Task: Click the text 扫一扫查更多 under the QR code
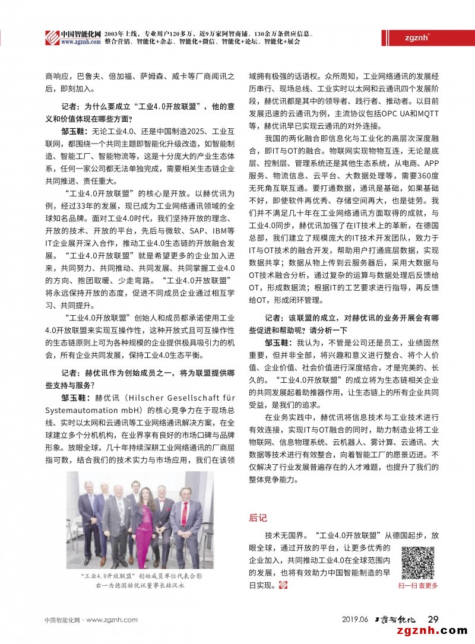(418, 585)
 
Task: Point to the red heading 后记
(258, 518)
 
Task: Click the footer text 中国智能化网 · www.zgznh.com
(91, 620)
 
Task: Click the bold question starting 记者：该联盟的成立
(350, 318)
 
